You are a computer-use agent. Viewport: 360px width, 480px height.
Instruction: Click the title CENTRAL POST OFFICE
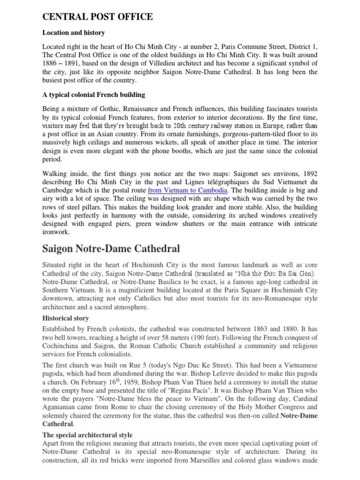pyautogui.click(x=97, y=17)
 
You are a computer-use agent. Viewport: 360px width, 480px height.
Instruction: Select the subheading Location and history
pyautogui.click(x=74, y=33)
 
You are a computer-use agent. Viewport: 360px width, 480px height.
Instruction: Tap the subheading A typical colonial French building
pyautogui.click(x=94, y=95)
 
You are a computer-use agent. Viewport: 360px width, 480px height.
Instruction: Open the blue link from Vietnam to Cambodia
pyautogui.click(x=188, y=191)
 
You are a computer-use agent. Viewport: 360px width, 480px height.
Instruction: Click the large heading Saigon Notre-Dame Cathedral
pyautogui.click(x=111, y=248)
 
